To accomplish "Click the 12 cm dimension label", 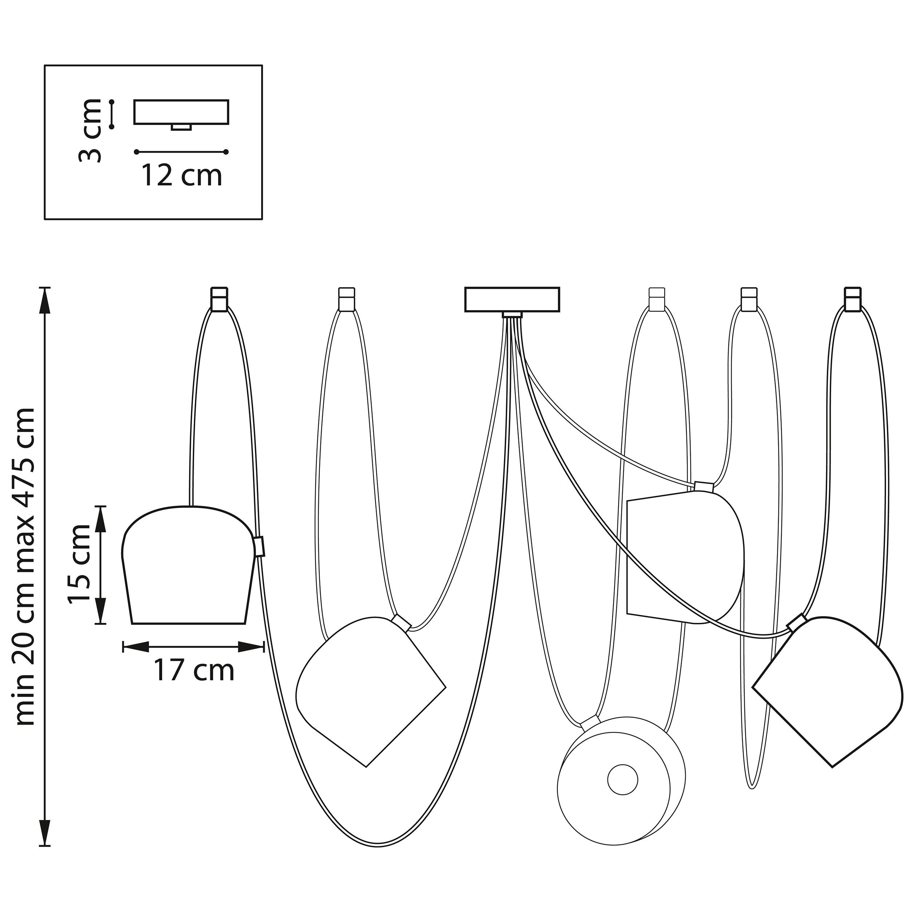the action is click(x=181, y=176).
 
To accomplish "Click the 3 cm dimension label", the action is click(x=89, y=131).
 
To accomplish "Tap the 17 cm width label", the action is click(x=194, y=670).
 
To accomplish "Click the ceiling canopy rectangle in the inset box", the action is click(x=181, y=112).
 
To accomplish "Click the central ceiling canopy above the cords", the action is click(x=512, y=299).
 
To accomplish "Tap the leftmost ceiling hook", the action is click(x=219, y=299).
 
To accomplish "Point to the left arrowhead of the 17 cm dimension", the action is click(x=136, y=647).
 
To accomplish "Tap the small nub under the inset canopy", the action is click(x=181, y=127).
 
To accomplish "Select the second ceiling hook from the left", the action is click(x=347, y=299).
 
